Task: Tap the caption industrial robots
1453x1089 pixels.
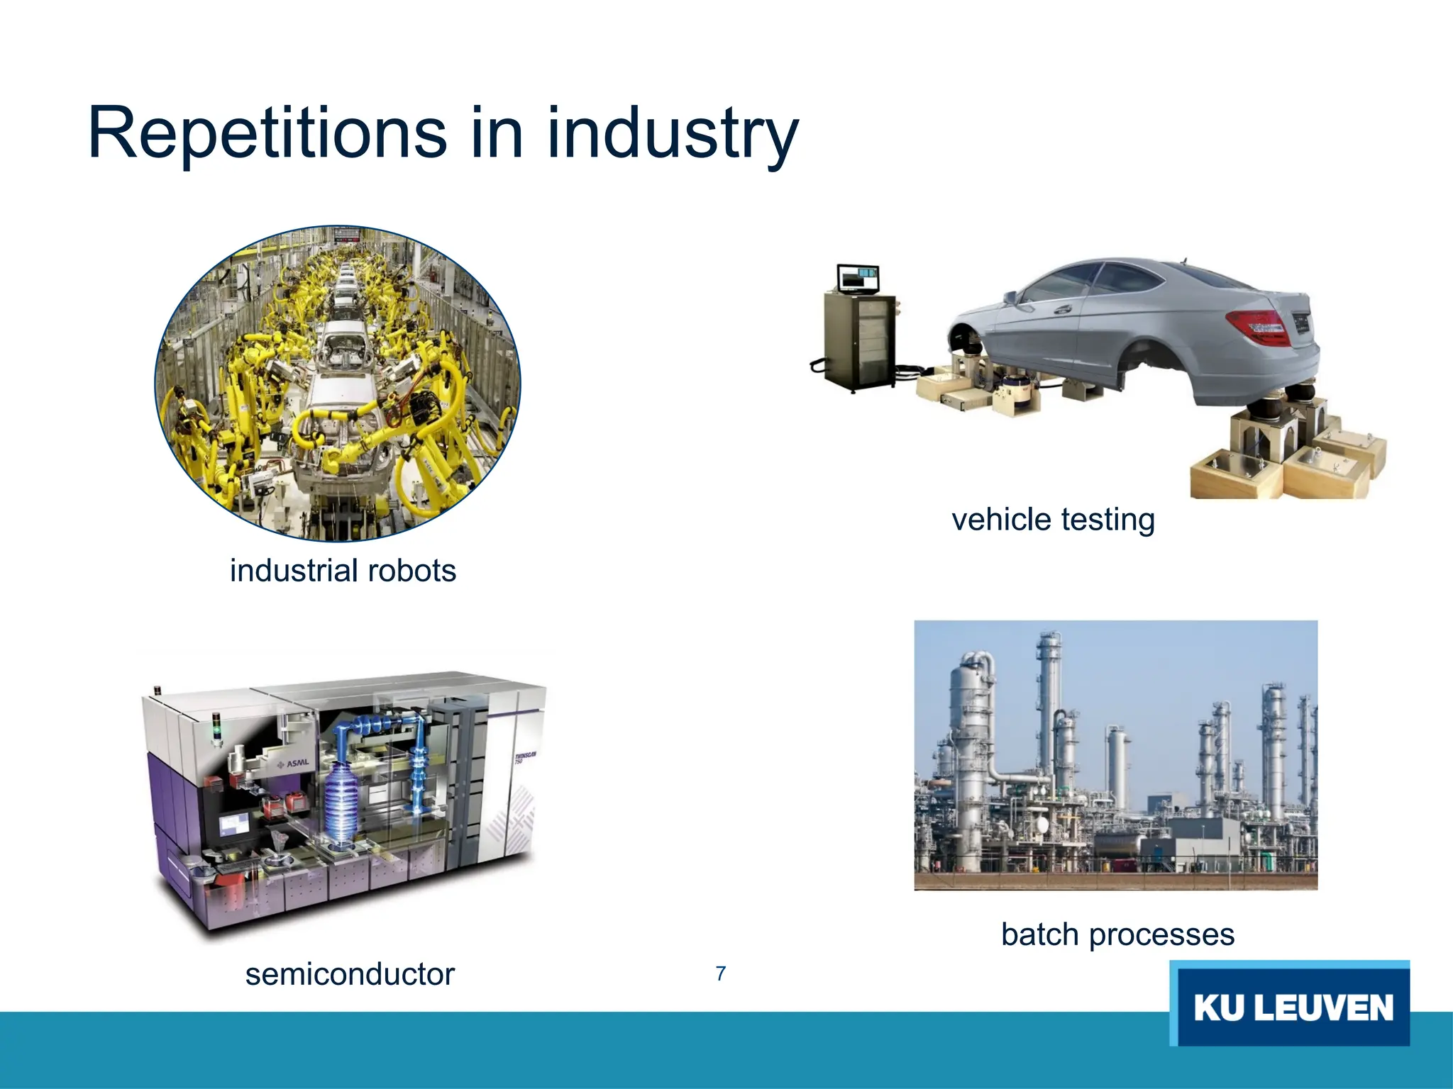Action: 343,571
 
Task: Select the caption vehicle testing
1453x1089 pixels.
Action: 1053,520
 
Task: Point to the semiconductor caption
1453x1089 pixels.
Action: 350,974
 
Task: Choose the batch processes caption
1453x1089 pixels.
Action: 1117,934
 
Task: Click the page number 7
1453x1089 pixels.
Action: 721,974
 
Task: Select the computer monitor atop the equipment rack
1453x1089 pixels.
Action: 858,278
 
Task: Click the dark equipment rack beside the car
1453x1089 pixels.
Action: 858,340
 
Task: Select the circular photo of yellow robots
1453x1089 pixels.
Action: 338,383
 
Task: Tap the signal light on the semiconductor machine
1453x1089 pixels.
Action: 217,730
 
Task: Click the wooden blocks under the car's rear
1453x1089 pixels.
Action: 1291,461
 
